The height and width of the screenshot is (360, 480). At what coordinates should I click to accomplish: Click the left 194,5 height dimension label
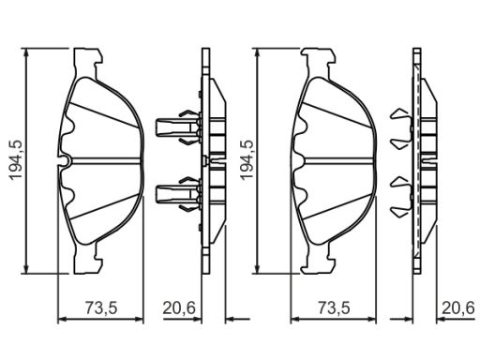pyautogui.click(x=16, y=159)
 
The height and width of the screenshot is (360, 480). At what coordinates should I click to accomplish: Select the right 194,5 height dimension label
pyautogui.click(x=247, y=159)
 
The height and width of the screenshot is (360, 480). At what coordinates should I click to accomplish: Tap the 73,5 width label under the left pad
pyautogui.click(x=101, y=307)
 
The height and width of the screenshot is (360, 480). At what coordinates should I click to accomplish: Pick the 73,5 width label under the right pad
pyautogui.click(x=334, y=307)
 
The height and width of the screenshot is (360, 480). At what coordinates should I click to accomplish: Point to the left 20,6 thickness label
pyautogui.click(x=179, y=307)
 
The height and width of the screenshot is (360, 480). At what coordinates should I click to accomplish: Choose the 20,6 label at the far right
pyautogui.click(x=458, y=307)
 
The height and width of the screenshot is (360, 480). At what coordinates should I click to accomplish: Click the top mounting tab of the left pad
pyautogui.click(x=88, y=60)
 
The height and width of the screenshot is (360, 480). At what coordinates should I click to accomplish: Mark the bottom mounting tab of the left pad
pyautogui.click(x=88, y=259)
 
